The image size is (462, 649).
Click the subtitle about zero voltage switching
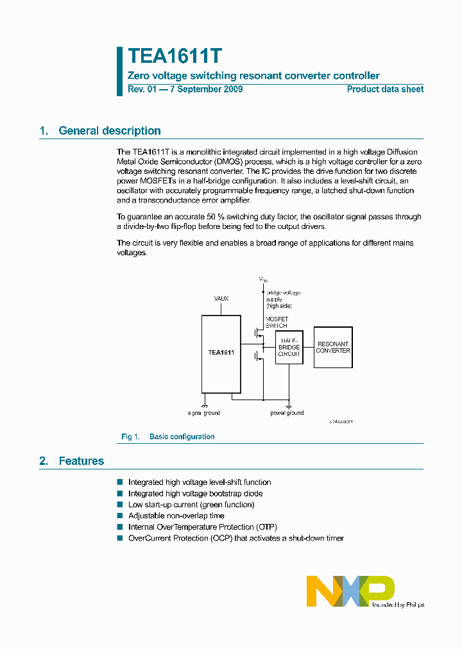click(253, 76)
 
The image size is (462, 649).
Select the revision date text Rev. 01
click(185, 89)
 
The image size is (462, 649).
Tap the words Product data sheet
click(385, 89)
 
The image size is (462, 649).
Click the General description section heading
click(109, 131)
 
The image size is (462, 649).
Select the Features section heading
click(81, 461)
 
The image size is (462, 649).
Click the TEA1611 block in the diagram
click(221, 353)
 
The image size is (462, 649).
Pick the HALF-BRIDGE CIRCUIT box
click(289, 347)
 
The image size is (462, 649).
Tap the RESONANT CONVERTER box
click(333, 347)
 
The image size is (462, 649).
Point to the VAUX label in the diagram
click(221, 299)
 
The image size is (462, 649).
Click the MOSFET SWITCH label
click(277, 322)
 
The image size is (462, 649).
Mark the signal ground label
click(204, 413)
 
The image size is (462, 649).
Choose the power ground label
click(287, 413)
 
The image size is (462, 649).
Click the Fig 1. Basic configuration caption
click(168, 437)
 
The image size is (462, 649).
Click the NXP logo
click(350, 590)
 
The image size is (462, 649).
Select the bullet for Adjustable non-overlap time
click(119, 516)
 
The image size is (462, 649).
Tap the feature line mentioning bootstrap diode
click(195, 494)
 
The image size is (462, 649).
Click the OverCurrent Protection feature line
click(235, 538)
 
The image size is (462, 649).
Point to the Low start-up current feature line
click(191, 505)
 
